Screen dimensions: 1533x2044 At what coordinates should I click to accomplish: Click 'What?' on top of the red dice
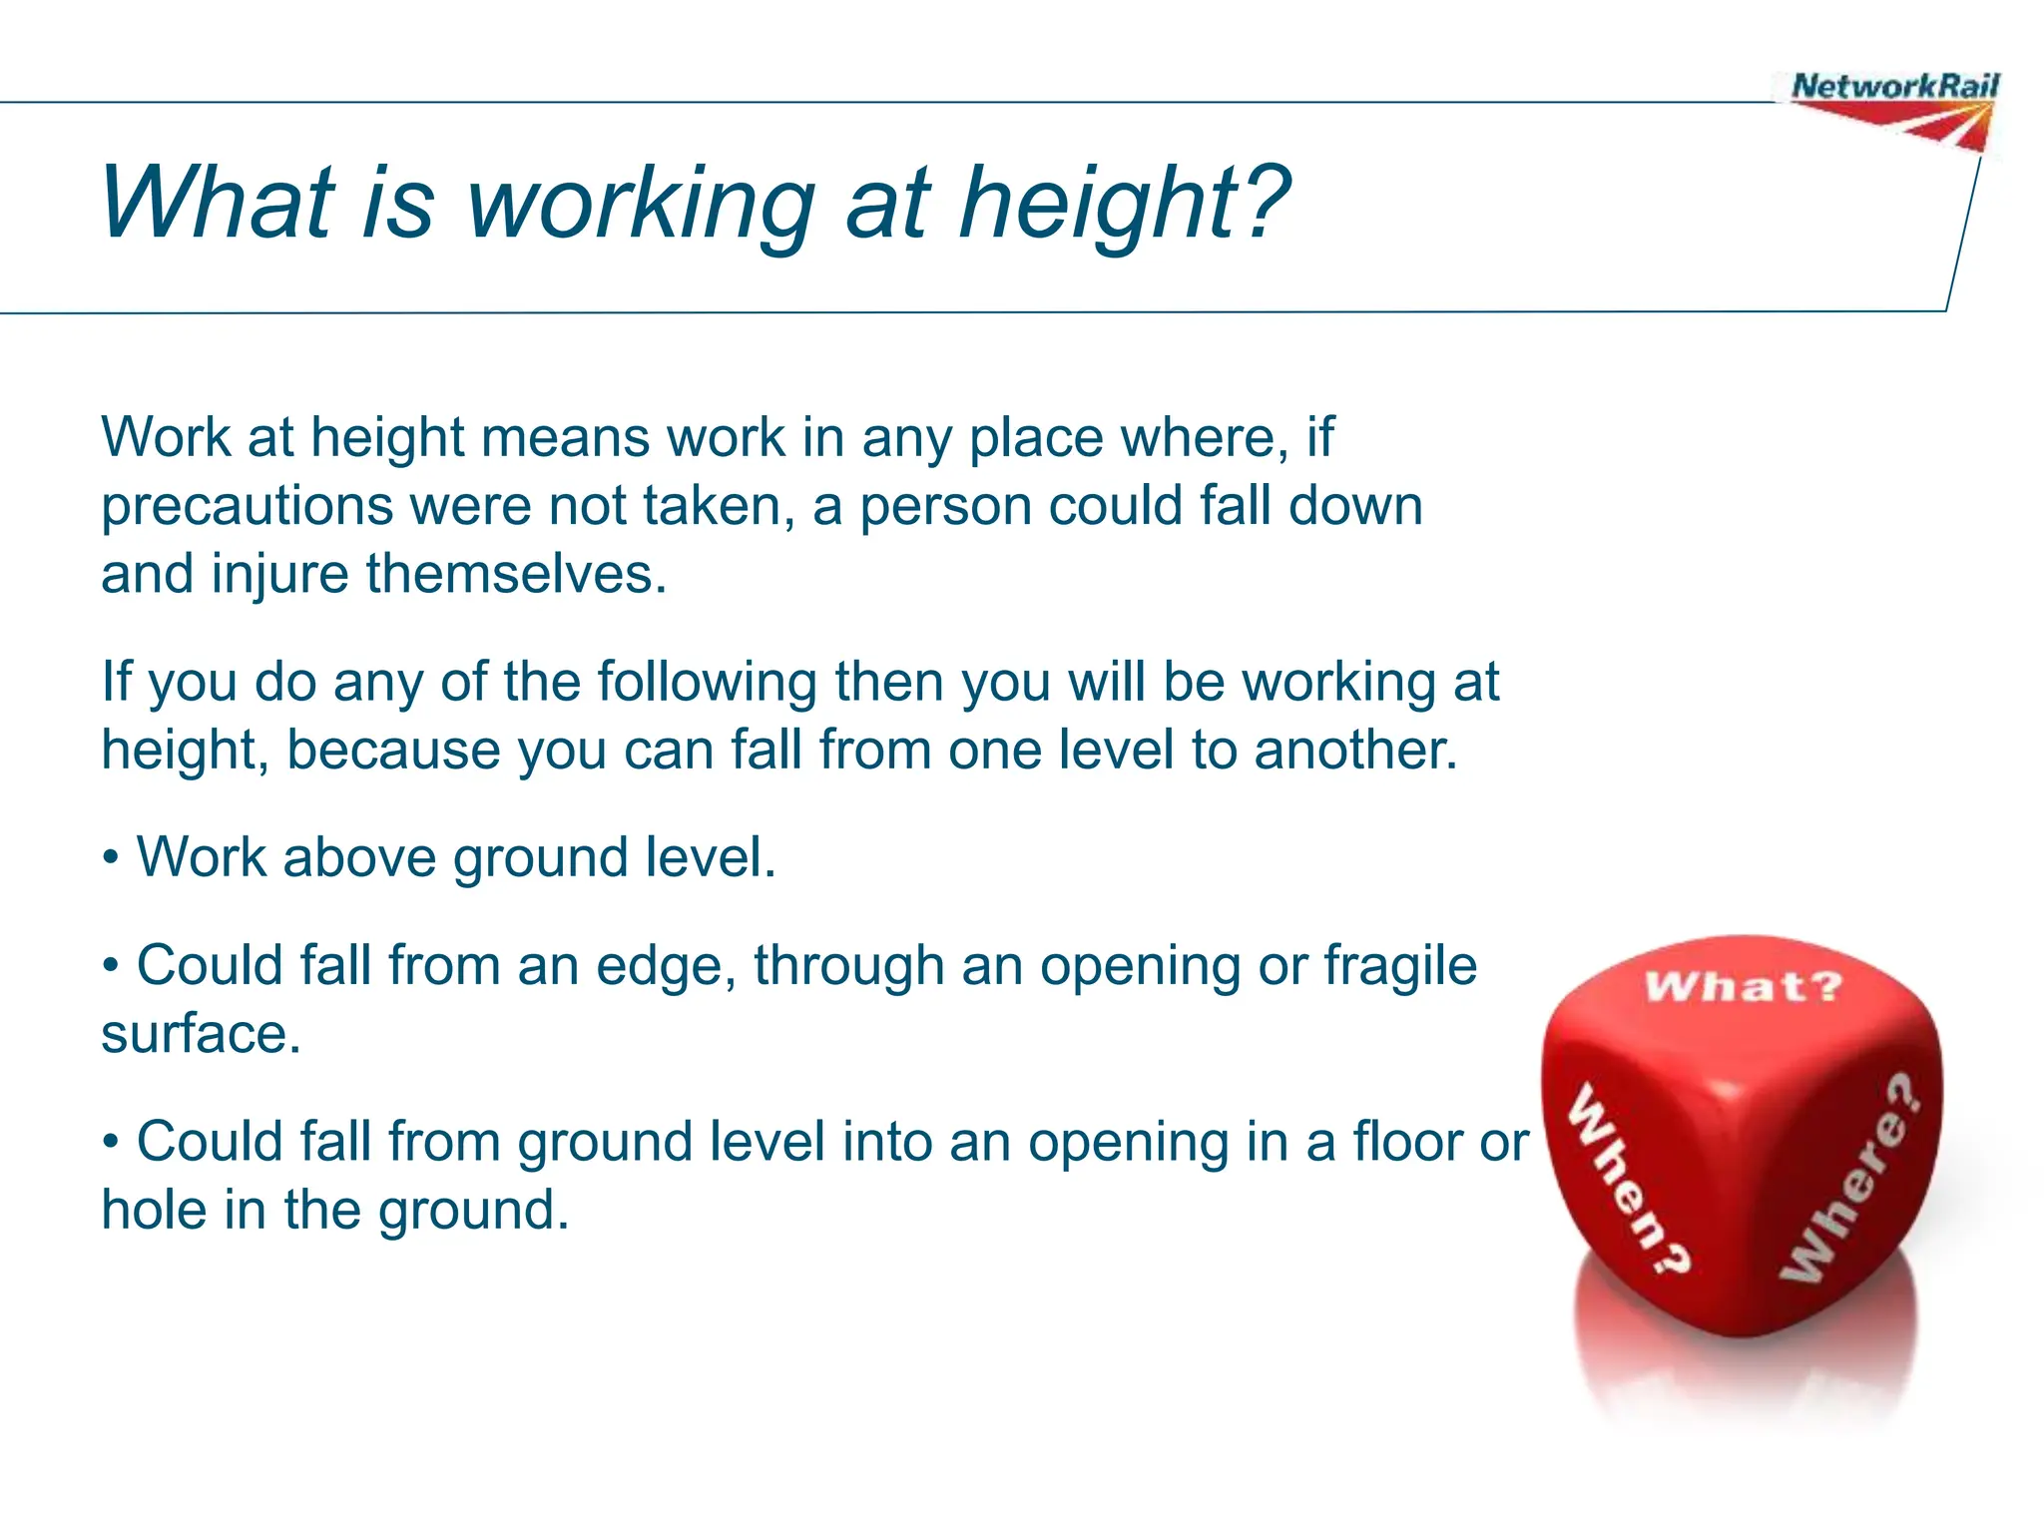click(1743, 987)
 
